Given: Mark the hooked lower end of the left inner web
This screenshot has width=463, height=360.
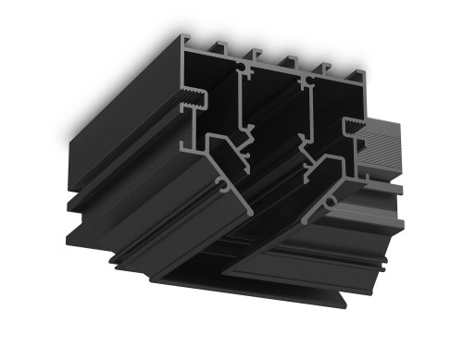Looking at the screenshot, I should pyautogui.click(x=243, y=163).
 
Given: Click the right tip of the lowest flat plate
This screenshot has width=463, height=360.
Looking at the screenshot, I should pyautogui.click(x=344, y=303).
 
